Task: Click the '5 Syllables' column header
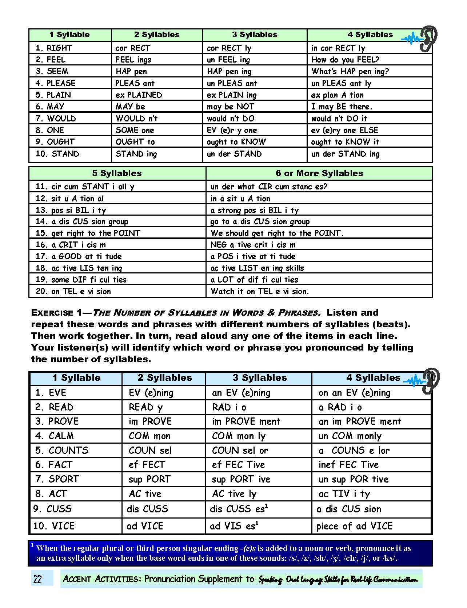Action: coord(117,173)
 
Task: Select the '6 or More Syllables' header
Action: coord(319,173)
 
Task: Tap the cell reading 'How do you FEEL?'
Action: coord(345,60)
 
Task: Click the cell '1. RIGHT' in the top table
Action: coord(54,48)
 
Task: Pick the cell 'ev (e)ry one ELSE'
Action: coord(344,130)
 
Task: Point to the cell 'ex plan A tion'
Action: coord(337,95)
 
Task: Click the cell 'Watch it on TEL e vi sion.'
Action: coord(260,291)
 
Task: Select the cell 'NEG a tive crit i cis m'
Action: coord(253,245)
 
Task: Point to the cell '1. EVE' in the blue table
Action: coord(51,393)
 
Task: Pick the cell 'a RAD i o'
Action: coord(340,407)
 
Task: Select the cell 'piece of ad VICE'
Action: coord(354,526)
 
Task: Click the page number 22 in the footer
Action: coord(37,579)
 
